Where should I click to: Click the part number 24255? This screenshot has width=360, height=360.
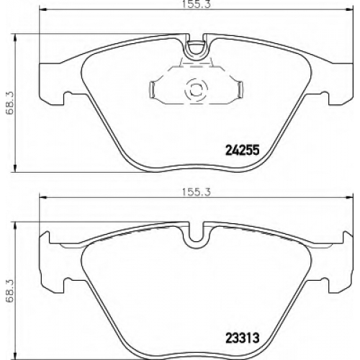[x=243, y=150]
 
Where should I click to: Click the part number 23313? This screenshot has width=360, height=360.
[x=243, y=338]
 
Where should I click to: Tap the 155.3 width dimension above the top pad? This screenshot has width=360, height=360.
[x=196, y=4]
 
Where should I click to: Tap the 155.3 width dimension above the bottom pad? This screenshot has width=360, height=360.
[x=196, y=192]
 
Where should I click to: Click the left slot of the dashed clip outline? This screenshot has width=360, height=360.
[x=153, y=90]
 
